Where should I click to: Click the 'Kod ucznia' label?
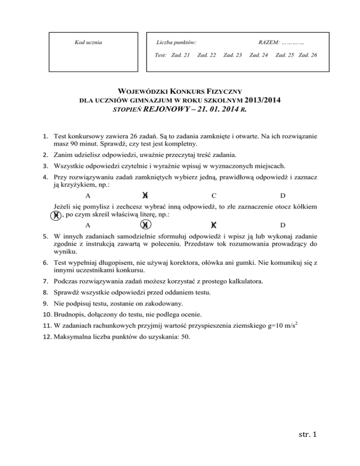89,43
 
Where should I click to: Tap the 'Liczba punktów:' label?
176,43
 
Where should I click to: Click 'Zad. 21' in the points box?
180,55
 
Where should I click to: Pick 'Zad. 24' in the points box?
259,55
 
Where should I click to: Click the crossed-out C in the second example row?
214,225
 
